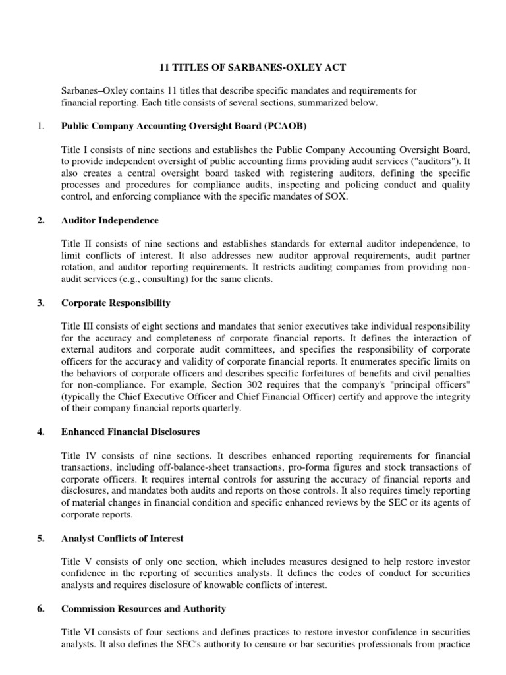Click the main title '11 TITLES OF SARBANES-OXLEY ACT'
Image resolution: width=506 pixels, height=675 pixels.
coord(253,67)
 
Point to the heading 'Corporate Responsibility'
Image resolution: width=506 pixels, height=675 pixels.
coord(115,303)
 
